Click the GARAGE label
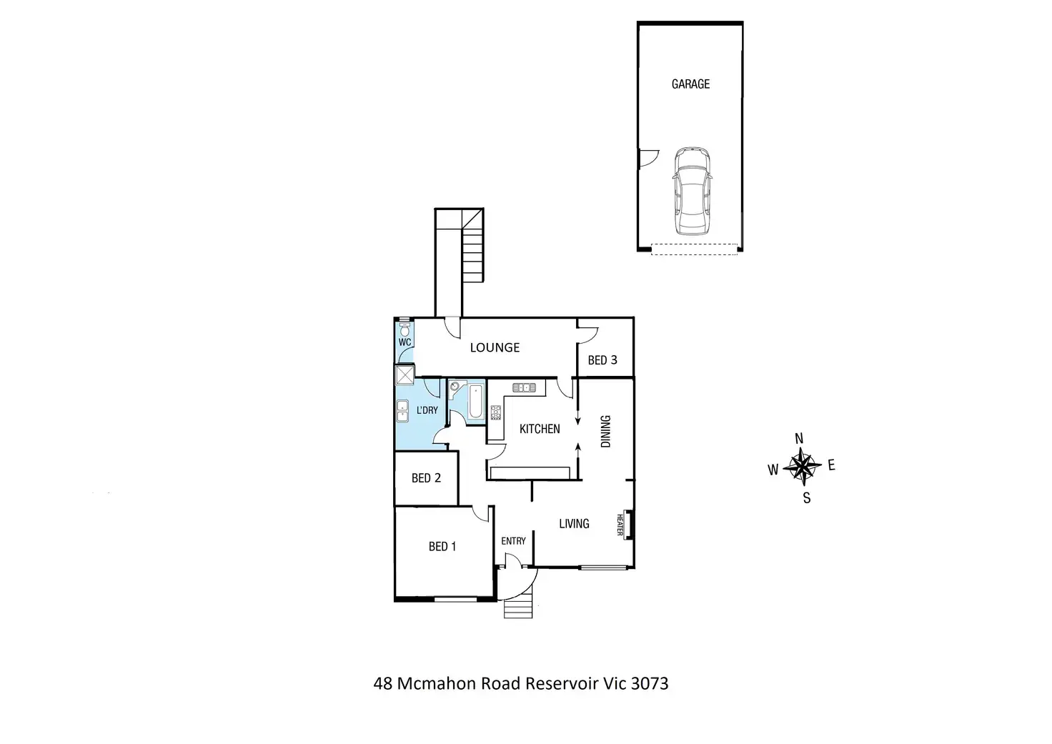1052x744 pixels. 690,84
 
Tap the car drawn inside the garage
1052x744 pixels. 692,191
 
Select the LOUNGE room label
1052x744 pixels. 495,348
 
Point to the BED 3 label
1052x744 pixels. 602,360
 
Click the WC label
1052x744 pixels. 405,342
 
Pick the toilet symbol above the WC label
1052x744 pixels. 405,329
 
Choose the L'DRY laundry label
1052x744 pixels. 427,410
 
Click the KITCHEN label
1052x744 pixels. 540,429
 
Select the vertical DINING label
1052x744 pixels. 606,431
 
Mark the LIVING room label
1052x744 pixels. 574,524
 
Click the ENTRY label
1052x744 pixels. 513,541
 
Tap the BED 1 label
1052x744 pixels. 442,547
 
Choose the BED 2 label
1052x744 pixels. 426,478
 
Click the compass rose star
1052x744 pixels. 802,467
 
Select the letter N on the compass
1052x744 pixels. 799,439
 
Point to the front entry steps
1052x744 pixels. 519,608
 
